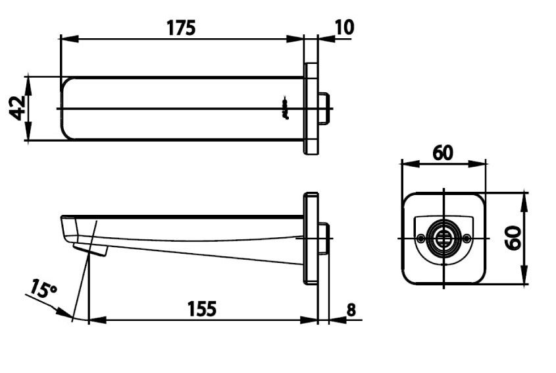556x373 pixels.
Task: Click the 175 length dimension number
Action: (181, 28)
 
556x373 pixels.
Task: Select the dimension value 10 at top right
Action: (343, 27)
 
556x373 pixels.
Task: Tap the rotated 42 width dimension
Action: (18, 108)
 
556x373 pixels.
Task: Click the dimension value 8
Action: (351, 309)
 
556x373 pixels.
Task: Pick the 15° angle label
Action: (43, 291)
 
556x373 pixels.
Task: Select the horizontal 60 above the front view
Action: (443, 153)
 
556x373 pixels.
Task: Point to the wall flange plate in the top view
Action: (311, 109)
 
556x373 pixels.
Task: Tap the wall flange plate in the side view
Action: (311, 238)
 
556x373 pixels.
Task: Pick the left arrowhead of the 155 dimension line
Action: (93, 321)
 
